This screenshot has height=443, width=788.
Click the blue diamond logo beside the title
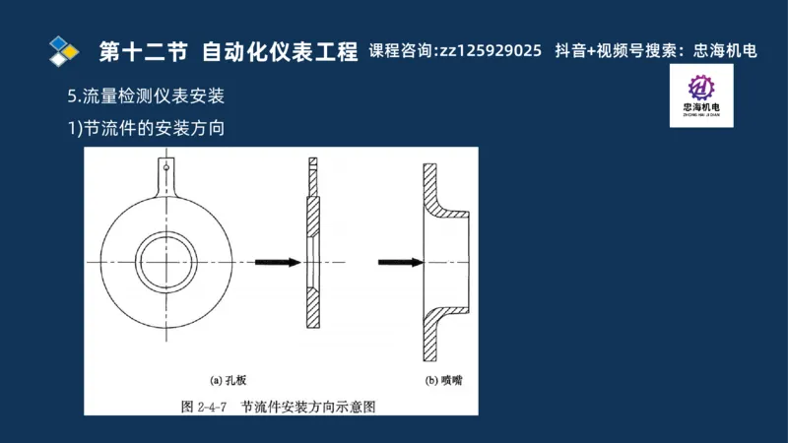[64, 49]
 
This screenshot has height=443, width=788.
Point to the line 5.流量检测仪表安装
[146, 96]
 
